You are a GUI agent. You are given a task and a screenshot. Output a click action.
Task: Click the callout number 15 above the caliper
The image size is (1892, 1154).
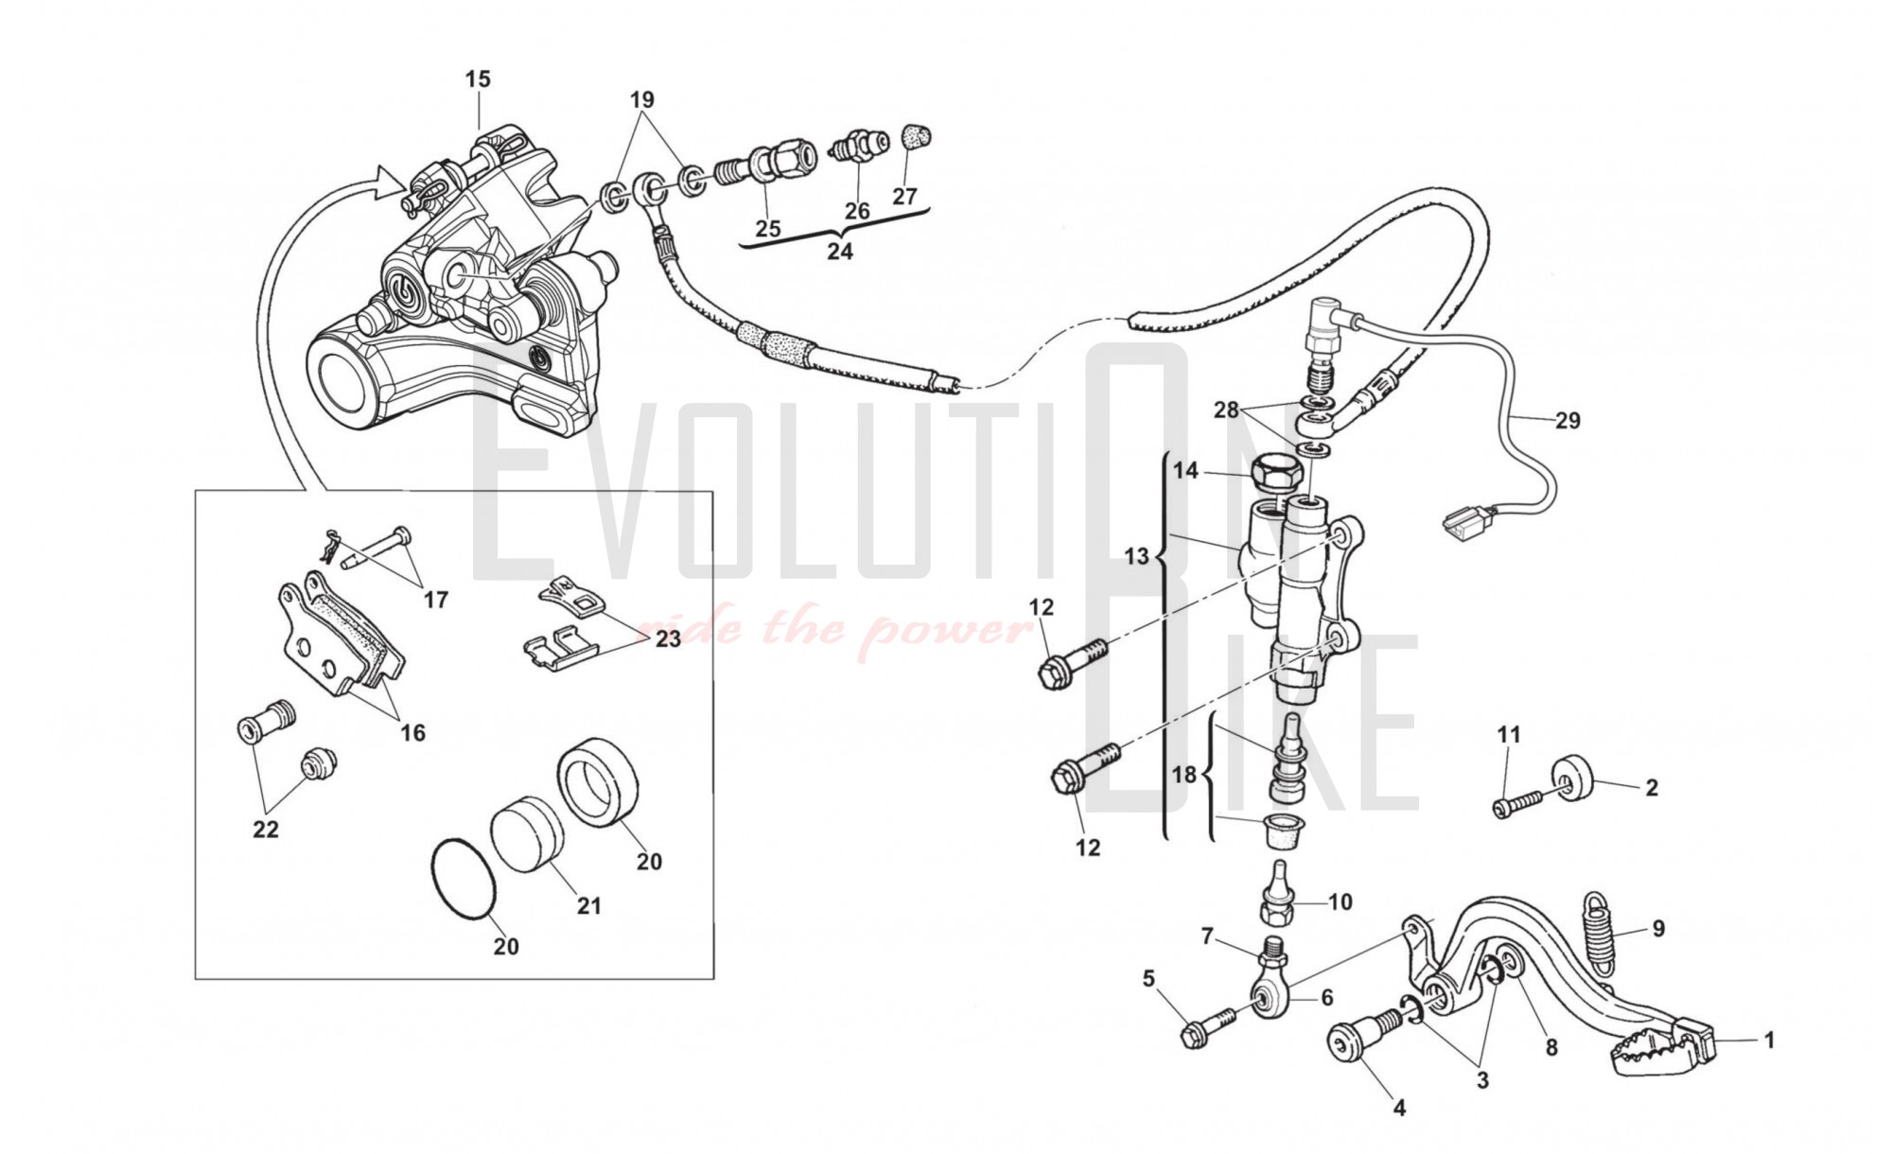click(478, 79)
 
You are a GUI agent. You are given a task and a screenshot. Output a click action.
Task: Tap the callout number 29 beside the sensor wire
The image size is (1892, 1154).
click(1568, 420)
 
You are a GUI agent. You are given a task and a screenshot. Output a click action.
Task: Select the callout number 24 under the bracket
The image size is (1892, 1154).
click(839, 252)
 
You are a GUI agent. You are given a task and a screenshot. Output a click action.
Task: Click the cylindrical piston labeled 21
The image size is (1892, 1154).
click(527, 833)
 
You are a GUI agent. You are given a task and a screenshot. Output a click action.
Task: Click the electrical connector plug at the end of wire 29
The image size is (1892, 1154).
click(1461, 521)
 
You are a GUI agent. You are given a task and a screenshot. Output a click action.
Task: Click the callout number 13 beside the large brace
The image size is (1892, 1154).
click(1137, 556)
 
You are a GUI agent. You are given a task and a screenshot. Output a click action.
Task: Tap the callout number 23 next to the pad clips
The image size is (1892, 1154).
click(668, 639)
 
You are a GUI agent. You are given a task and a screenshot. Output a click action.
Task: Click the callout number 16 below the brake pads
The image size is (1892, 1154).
click(412, 732)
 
